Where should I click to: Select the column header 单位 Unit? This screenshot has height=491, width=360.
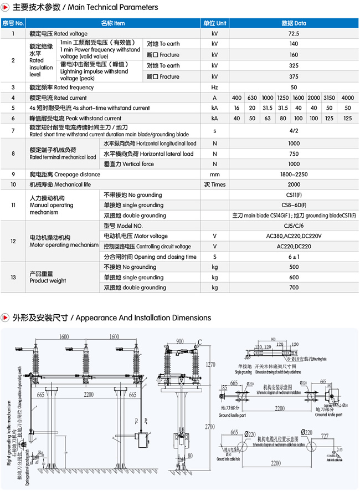(x=215, y=23)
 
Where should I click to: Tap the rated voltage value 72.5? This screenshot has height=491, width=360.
(x=294, y=34)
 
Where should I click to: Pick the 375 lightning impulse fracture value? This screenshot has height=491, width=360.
(x=294, y=77)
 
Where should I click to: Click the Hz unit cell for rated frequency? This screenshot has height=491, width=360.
(x=215, y=88)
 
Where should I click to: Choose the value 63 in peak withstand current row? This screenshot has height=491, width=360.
(x=268, y=119)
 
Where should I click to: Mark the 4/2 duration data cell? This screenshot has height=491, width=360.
(x=294, y=131)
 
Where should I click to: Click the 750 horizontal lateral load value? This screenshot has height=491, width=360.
(x=294, y=154)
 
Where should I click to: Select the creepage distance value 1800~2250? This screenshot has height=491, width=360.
(x=294, y=175)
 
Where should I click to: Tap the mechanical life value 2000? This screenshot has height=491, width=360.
(x=294, y=185)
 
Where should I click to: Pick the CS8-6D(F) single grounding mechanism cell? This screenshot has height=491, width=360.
(x=294, y=205)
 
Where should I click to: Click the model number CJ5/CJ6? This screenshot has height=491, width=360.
(x=294, y=226)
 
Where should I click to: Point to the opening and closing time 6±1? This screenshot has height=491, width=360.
(x=294, y=257)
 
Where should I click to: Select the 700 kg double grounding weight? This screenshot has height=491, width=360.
(x=294, y=288)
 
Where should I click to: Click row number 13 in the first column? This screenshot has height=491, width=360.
(x=13, y=277)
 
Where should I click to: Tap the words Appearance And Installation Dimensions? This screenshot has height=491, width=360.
(x=143, y=318)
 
